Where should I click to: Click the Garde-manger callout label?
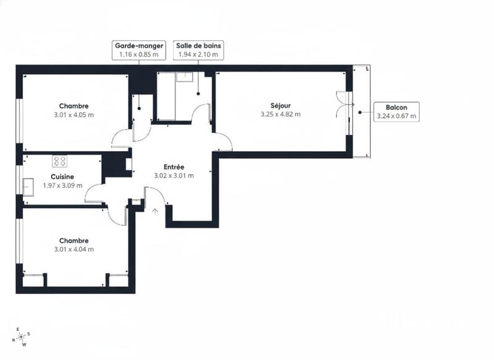(x=138, y=50)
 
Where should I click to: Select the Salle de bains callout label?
(x=198, y=50)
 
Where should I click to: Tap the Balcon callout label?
(x=396, y=111)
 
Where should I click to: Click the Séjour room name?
(x=280, y=105)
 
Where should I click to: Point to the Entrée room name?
(x=174, y=167)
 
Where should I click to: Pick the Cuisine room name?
(x=62, y=176)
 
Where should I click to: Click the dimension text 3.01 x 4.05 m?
(x=74, y=114)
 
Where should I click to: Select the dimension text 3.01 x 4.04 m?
(x=74, y=249)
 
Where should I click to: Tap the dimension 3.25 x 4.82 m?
(x=280, y=114)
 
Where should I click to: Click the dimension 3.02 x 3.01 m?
(x=174, y=175)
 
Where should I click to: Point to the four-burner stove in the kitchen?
(x=60, y=161)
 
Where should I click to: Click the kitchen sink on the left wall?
(x=28, y=186)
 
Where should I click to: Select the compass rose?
(x=22, y=337)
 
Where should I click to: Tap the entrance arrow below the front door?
(x=155, y=211)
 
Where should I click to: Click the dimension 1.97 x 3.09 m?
(x=62, y=185)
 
